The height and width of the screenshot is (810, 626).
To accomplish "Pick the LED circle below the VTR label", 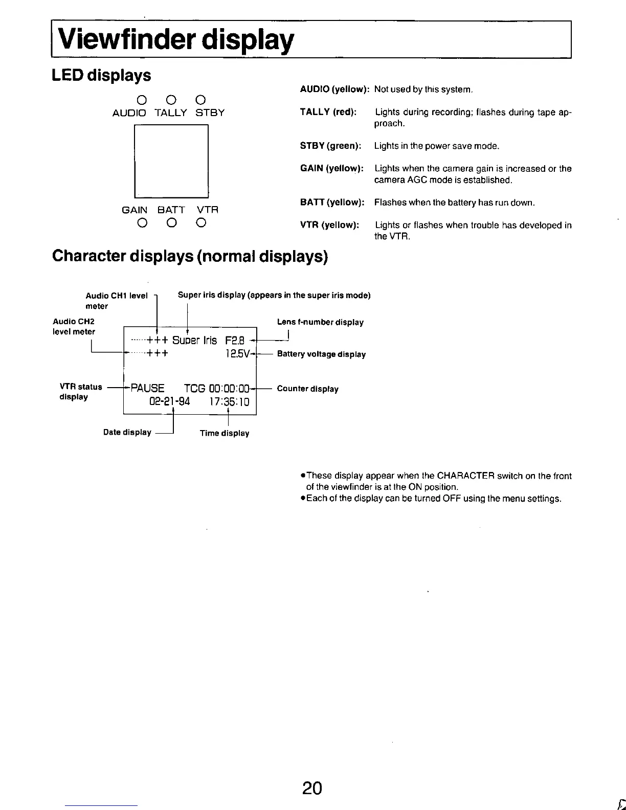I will (201, 222).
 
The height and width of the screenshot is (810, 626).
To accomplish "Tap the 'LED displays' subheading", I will (102, 75).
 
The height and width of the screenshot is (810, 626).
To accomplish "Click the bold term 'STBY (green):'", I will (330, 146).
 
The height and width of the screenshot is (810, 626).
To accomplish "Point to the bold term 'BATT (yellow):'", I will (332, 202).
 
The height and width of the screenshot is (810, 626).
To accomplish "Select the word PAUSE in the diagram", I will (148, 388).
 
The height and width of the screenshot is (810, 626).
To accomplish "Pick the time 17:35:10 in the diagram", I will (229, 401).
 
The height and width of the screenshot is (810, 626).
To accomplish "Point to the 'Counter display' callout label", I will (307, 389).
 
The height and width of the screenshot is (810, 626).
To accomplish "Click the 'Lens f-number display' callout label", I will (320, 322).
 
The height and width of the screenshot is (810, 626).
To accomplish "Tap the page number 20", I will (312, 788).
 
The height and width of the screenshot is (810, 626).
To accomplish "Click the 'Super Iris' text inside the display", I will (194, 341).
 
